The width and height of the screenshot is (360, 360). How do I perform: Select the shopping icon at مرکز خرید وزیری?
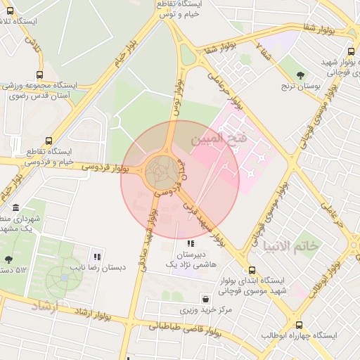205,298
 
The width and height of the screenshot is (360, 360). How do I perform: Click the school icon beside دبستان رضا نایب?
97,257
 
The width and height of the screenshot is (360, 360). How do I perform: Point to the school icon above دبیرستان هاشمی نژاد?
190,244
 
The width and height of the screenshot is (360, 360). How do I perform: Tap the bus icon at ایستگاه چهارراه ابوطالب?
299,325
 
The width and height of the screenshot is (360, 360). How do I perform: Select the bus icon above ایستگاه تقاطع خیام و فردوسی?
48,141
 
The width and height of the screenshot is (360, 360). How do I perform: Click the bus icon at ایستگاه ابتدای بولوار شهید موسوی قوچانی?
252,270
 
